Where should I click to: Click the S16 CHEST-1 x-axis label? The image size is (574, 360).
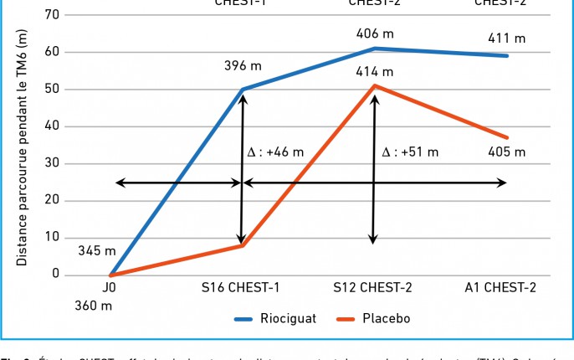tap(241, 289)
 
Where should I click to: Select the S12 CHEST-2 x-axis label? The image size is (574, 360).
tap(373, 289)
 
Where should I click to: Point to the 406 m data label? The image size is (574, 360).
tap(374, 33)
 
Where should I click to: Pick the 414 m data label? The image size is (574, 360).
tap(374, 72)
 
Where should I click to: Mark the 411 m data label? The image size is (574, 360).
tap(507, 39)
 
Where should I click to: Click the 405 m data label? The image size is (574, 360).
tap(507, 152)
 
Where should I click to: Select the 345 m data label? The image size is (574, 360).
tap(97, 250)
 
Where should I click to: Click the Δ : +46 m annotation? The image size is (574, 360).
tap(275, 152)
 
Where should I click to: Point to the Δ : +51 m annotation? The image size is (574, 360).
tap(409, 152)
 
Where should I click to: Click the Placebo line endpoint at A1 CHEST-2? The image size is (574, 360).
tap(506, 138)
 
